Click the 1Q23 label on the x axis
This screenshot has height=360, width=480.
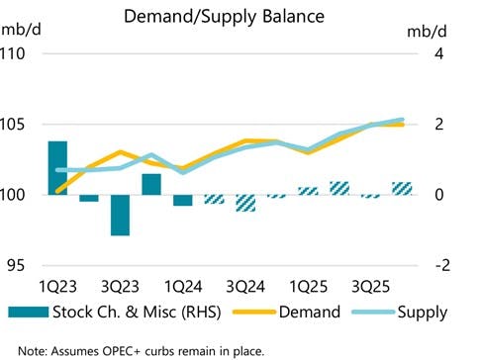57,287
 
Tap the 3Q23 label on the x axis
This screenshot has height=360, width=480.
120,287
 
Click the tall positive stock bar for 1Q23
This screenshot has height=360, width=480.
57,168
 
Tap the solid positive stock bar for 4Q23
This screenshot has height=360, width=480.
150,184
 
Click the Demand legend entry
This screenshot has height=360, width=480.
313,313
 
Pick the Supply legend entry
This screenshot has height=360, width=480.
422,313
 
